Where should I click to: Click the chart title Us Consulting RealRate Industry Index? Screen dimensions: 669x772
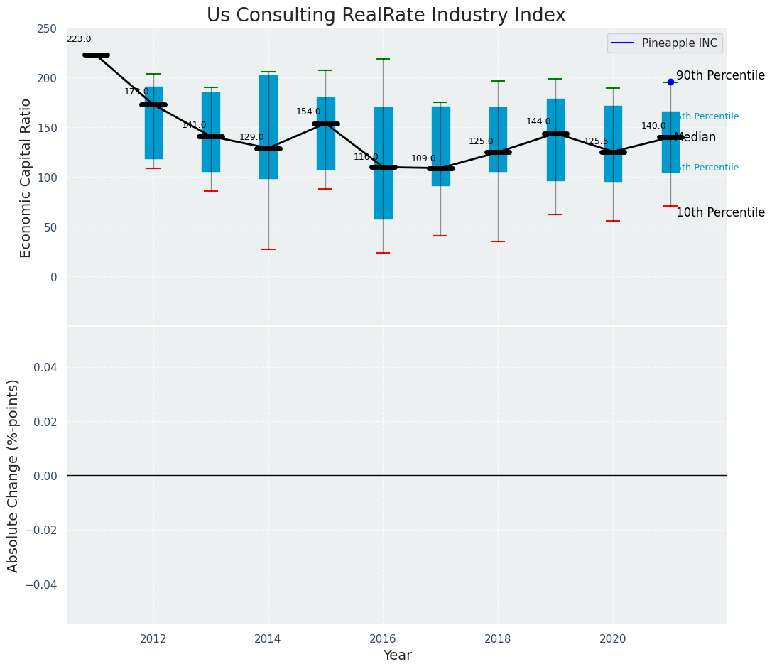click(x=386, y=16)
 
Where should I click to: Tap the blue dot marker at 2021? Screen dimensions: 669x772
click(x=670, y=82)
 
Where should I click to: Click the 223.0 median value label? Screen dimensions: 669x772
click(x=79, y=40)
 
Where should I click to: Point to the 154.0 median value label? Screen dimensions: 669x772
click(x=308, y=112)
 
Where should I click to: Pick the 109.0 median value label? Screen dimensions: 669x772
click(x=423, y=159)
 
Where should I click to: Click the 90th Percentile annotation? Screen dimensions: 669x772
click(x=720, y=76)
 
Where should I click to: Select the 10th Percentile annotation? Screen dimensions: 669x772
click(x=720, y=213)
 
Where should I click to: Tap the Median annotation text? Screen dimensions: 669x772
click(x=695, y=138)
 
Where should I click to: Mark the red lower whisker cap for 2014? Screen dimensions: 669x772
click(x=268, y=249)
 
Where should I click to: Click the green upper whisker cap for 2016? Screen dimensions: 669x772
click(x=384, y=59)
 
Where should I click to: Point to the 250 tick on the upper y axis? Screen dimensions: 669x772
click(x=47, y=29)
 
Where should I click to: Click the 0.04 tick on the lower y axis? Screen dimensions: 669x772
click(x=47, y=368)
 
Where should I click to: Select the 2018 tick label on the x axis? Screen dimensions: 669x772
click(x=498, y=639)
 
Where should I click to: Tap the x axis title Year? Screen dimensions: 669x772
click(x=397, y=656)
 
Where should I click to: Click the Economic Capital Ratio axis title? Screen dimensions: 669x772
click(x=26, y=178)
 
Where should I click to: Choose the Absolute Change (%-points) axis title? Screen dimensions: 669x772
click(x=13, y=475)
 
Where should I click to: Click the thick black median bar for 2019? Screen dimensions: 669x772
click(x=555, y=134)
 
